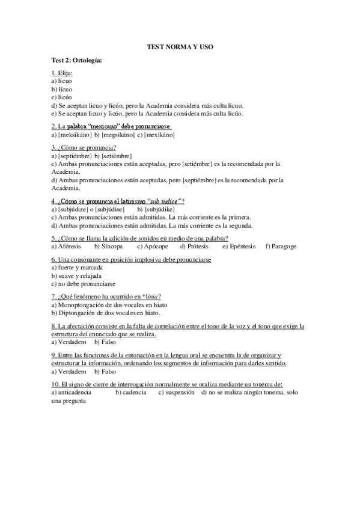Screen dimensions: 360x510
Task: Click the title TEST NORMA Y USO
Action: click(x=180, y=46)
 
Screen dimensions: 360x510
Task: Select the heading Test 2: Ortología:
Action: click(x=77, y=61)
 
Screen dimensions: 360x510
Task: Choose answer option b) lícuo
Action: click(x=63, y=88)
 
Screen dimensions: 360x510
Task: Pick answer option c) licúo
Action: click(x=63, y=97)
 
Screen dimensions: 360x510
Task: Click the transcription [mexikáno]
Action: click(x=159, y=135)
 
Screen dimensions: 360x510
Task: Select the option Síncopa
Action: click(x=113, y=247)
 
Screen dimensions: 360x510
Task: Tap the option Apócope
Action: click(x=156, y=247)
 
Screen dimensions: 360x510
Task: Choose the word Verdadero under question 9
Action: click(x=72, y=372)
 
